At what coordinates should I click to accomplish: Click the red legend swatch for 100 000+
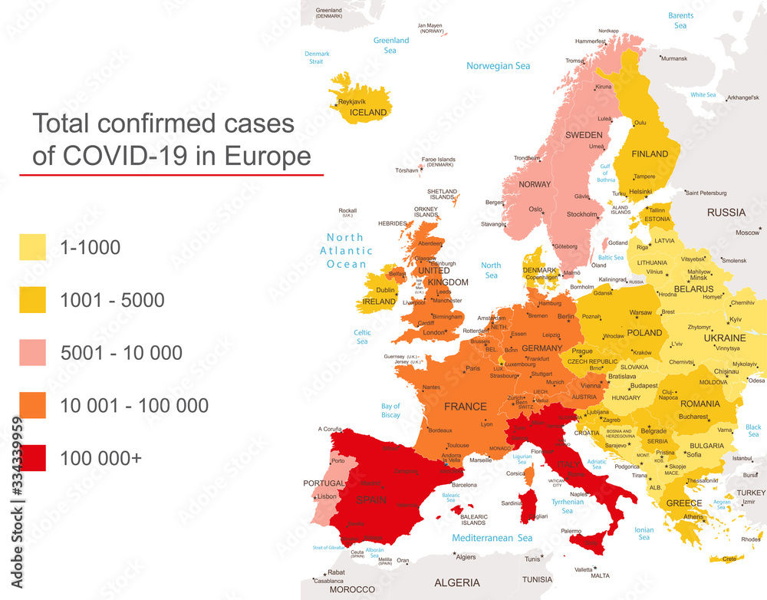tap(32, 457)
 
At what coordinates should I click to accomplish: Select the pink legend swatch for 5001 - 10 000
tap(32, 352)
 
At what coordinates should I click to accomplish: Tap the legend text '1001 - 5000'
tap(112, 300)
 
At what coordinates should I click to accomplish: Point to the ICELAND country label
tap(368, 112)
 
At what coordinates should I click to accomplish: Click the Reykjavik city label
tap(353, 101)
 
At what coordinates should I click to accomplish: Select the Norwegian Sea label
tap(499, 66)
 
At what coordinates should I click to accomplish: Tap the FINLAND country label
tap(650, 153)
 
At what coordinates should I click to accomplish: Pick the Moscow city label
tap(747, 232)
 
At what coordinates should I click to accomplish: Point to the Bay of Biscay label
tap(390, 410)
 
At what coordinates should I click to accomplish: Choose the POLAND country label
tap(644, 333)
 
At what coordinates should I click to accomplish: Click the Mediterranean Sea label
tap(492, 538)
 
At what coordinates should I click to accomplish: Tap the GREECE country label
tap(683, 503)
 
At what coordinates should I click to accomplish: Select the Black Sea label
tap(753, 431)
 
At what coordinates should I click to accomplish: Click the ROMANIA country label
tap(700, 404)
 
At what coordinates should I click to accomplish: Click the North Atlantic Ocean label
tap(347, 250)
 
